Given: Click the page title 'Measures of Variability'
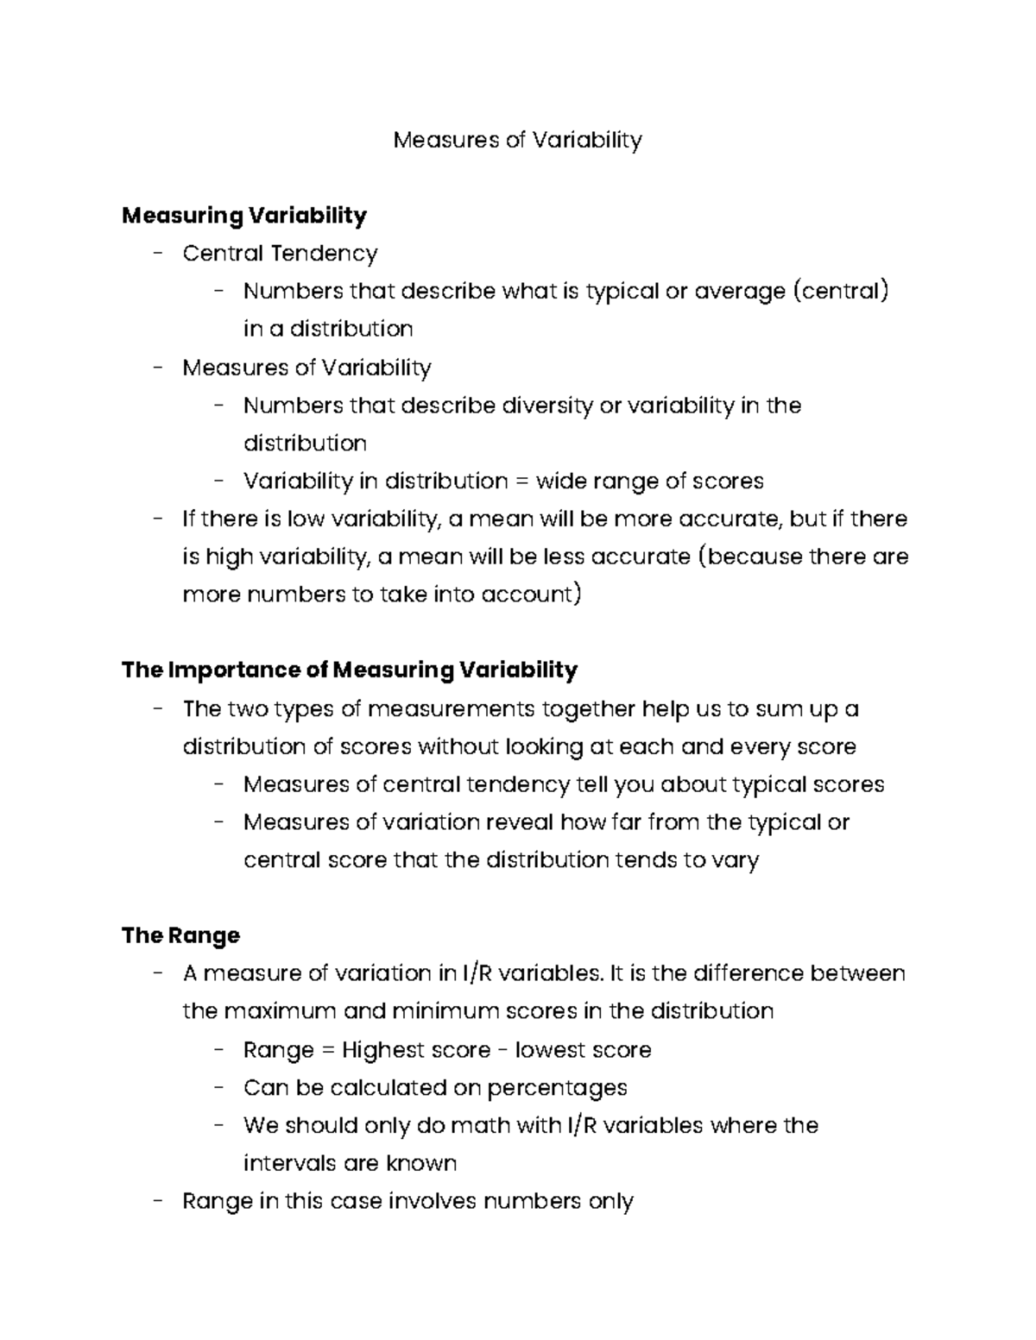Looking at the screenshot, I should [x=517, y=140].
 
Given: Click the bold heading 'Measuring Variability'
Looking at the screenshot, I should [x=244, y=215].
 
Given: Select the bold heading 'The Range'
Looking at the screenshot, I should [x=180, y=935].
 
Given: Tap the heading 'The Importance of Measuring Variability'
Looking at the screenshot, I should [x=350, y=670].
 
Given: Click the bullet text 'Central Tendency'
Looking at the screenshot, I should [x=280, y=253].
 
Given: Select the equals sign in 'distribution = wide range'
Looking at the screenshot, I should [x=521, y=481].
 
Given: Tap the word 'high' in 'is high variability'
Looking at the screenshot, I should [x=227, y=557].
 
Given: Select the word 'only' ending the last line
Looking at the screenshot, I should [x=610, y=1201].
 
